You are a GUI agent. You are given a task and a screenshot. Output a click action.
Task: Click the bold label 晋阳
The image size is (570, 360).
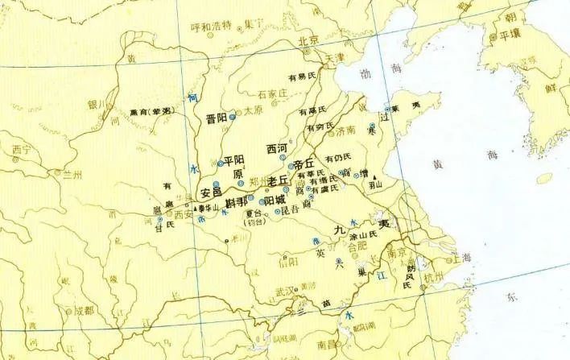point(217,117)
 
